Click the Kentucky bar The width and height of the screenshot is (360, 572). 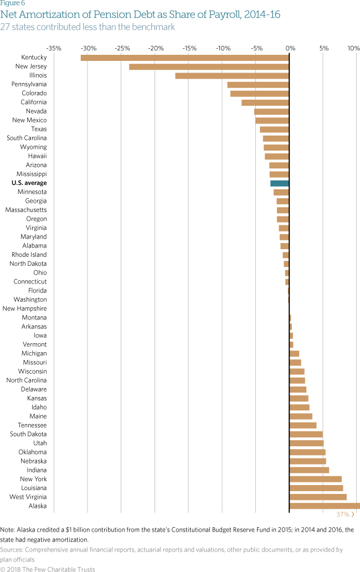click(x=185, y=58)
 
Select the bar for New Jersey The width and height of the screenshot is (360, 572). click(x=209, y=66)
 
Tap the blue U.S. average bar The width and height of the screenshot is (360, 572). click(x=280, y=183)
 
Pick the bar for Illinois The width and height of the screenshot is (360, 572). click(x=232, y=75)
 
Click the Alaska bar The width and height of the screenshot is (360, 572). click(x=325, y=506)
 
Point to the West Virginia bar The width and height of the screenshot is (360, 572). click(x=318, y=497)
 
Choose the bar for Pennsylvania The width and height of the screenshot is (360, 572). click(x=258, y=84)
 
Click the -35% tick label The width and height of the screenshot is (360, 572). click(x=54, y=48)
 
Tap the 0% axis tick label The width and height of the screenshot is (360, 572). click(x=290, y=48)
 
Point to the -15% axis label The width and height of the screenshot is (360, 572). click(x=189, y=48)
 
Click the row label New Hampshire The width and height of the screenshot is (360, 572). click(x=24, y=309)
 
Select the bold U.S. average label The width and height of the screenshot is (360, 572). click(x=29, y=183)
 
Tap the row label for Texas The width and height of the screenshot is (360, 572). click(x=39, y=129)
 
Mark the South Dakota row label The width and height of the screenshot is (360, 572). click(x=28, y=434)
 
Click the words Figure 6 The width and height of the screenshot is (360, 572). click(x=12, y=3)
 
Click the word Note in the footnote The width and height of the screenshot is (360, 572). click(x=8, y=530)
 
